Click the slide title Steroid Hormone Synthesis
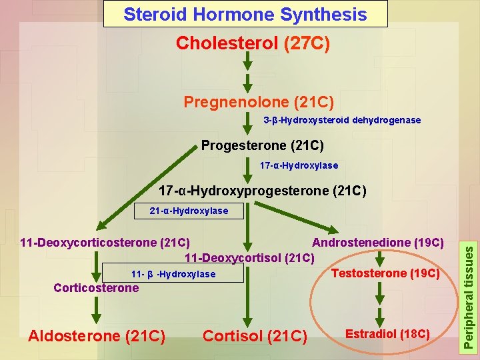click(x=245, y=14)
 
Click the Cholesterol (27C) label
click(x=253, y=43)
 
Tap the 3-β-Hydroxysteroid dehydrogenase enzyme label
click(x=342, y=120)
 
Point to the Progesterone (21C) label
click(x=262, y=145)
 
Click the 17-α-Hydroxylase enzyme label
click(x=299, y=165)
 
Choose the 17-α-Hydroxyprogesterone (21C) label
click(x=262, y=191)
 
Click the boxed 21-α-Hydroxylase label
click(x=188, y=211)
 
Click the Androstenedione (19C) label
click(x=378, y=242)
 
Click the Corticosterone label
click(x=96, y=288)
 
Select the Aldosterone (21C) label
click(x=97, y=336)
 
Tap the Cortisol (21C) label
click(x=254, y=336)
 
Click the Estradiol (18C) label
click(x=387, y=333)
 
